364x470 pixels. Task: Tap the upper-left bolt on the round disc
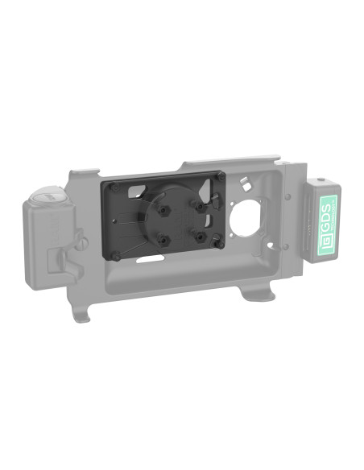(x=163, y=209)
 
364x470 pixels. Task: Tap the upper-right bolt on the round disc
(x=196, y=206)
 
